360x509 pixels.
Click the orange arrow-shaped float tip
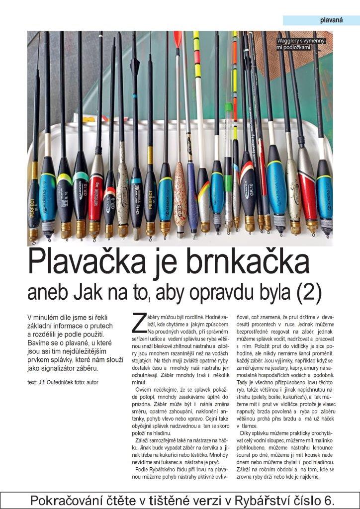pyautogui.click(x=178, y=40)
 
